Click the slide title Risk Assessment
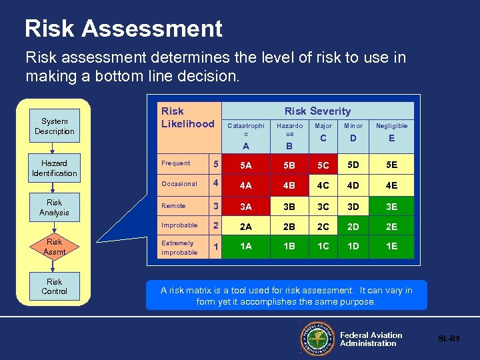point(123,29)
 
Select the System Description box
point(54,127)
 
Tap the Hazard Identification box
point(54,169)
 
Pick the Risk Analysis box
point(54,207)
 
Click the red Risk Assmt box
point(54,247)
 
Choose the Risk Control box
point(54,287)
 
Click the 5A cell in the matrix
point(246,164)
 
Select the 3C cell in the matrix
point(323,206)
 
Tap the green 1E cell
point(392,247)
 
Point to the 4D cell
point(354,184)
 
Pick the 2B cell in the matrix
point(289,227)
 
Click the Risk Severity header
point(317,111)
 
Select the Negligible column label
point(392,126)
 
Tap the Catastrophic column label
point(246,129)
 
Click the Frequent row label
point(176,163)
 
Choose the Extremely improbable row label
point(179,248)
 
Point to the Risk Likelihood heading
point(187,117)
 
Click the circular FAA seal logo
point(317,339)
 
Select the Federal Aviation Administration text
point(371,339)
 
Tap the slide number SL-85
point(449,339)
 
